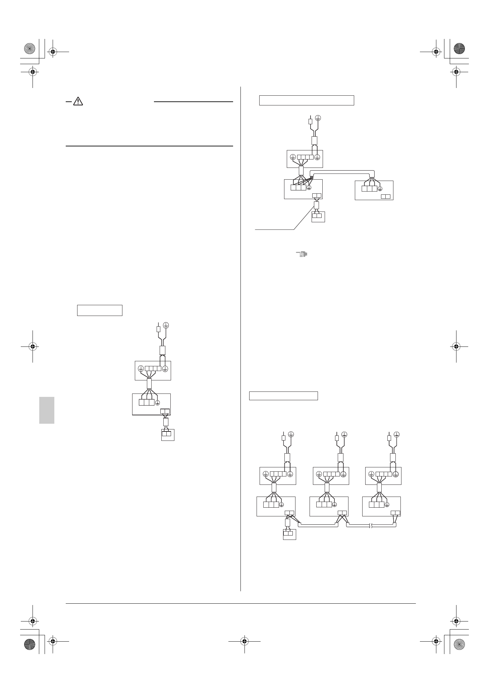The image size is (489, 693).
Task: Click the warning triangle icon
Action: pyautogui.click(x=78, y=101)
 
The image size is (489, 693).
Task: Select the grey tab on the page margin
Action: pyautogui.click(x=47, y=410)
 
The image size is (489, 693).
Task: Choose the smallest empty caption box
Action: pyautogui.click(x=100, y=310)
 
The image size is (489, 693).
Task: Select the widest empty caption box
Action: pyautogui.click(x=307, y=100)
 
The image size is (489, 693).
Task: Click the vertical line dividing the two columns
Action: pyautogui.click(x=241, y=336)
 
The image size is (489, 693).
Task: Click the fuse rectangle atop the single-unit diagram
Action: pyautogui.click(x=159, y=329)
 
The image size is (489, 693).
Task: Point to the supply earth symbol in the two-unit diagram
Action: pyautogui.click(x=318, y=118)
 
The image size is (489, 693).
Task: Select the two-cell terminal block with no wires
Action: pyautogui.click(x=386, y=196)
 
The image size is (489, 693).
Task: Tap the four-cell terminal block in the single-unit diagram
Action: pyautogui.click(x=153, y=368)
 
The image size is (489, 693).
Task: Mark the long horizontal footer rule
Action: pyautogui.click(x=241, y=604)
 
